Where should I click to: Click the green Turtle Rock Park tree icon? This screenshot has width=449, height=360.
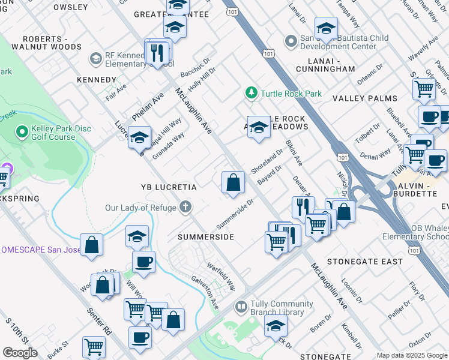(251, 94)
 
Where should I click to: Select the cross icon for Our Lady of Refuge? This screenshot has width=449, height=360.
(186, 208)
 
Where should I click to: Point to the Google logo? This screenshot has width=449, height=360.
(20, 353)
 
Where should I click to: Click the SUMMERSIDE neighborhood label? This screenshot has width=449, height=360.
(205, 238)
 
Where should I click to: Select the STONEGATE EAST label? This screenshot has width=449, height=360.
(365, 262)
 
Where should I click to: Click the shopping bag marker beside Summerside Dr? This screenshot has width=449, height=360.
(233, 182)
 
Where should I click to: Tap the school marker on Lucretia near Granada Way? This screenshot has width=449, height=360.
(139, 138)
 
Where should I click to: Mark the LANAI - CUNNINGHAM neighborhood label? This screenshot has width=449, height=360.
(325, 69)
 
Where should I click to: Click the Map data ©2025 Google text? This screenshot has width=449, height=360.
(411, 355)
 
